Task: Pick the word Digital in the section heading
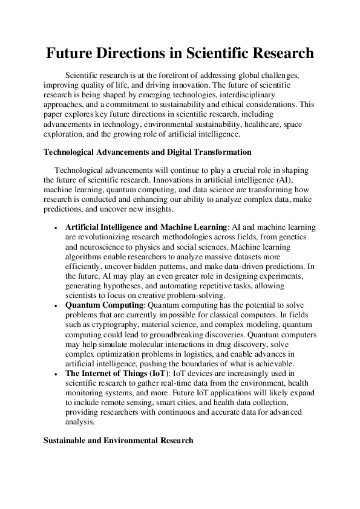coord(181,152)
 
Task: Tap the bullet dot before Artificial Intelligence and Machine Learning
coord(55,227)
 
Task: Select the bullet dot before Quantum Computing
coord(55,306)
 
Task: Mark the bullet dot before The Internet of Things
coord(55,375)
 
